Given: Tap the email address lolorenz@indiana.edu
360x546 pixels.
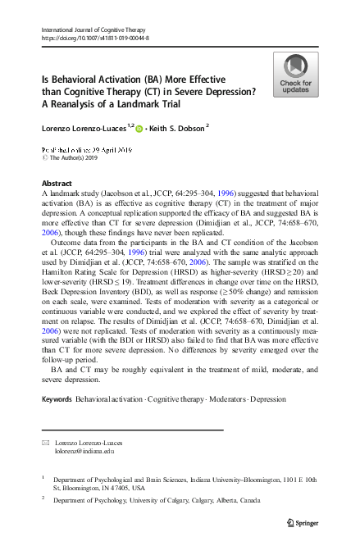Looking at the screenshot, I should coord(84,451).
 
